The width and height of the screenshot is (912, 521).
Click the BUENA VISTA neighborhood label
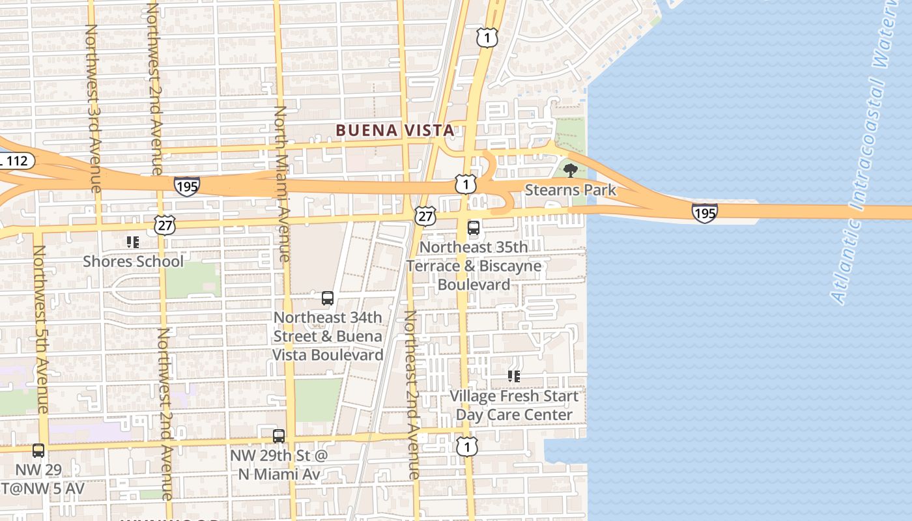(x=395, y=130)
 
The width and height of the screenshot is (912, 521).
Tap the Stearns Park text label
(x=570, y=190)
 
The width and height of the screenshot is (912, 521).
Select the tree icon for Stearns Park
(x=570, y=171)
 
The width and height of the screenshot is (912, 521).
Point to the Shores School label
(x=133, y=261)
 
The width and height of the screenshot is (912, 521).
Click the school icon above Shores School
(x=133, y=242)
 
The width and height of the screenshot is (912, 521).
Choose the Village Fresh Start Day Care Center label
(x=514, y=405)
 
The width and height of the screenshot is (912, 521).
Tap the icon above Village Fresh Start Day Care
(x=514, y=376)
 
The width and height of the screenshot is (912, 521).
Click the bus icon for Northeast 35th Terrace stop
(x=474, y=228)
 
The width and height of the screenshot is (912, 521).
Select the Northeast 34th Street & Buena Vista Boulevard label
(x=328, y=336)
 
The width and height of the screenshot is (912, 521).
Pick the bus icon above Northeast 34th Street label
(x=328, y=298)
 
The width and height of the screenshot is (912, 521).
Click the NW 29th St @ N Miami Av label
(x=279, y=464)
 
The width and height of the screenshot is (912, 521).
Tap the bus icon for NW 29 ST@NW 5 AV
(x=38, y=450)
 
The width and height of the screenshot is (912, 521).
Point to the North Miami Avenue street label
(x=281, y=184)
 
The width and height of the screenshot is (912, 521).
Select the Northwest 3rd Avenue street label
(x=93, y=108)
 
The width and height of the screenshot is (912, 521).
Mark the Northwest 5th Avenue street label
(x=40, y=329)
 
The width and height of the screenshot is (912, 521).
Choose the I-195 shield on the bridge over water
(x=705, y=212)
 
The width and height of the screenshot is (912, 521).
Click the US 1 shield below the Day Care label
(x=466, y=446)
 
